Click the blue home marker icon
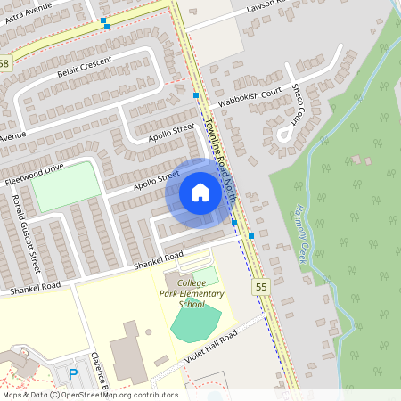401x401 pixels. (200, 192)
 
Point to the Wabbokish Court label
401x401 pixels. (250, 95)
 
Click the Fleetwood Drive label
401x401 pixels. (34, 174)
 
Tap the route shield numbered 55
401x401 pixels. (260, 286)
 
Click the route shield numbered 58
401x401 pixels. (4, 64)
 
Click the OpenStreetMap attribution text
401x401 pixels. (89, 395)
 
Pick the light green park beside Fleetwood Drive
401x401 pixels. (67, 185)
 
